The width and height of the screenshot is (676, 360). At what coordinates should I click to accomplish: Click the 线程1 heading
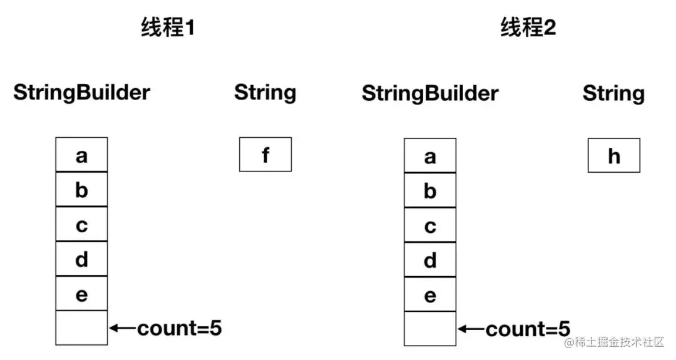pos(167,28)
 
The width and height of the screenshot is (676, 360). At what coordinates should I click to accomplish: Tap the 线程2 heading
pos(528,28)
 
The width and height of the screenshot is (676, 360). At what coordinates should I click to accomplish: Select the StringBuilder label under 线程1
pos(82,93)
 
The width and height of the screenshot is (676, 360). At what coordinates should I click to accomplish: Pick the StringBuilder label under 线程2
pos(430,94)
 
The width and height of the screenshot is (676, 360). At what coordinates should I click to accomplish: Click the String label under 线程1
pos(265,93)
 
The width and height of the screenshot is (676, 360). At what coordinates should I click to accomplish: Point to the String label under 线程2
pos(613,94)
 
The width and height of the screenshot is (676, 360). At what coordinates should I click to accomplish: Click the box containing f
pos(265,154)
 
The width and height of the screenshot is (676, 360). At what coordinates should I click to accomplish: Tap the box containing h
pos(613,155)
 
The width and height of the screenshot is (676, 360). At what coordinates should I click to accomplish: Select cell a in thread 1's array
pos(81,155)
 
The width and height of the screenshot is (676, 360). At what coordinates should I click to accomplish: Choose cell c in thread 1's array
pos(81,224)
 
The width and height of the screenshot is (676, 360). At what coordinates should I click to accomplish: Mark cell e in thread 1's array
pos(81,293)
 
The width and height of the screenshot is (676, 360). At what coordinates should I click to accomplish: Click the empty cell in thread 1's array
pos(81,327)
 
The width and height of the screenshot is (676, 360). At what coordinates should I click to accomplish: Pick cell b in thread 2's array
pos(429,190)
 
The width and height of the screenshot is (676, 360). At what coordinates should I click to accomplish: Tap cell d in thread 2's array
pos(429,259)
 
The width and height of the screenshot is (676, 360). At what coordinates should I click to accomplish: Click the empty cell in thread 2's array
pos(429,329)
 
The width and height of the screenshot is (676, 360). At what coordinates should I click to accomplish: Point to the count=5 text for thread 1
pos(179,327)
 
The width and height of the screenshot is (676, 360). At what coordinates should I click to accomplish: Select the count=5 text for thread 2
pos(528,329)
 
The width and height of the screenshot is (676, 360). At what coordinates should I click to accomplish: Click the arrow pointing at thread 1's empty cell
pos(122,327)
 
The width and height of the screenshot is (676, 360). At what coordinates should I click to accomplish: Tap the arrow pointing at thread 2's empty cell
pos(471,329)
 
